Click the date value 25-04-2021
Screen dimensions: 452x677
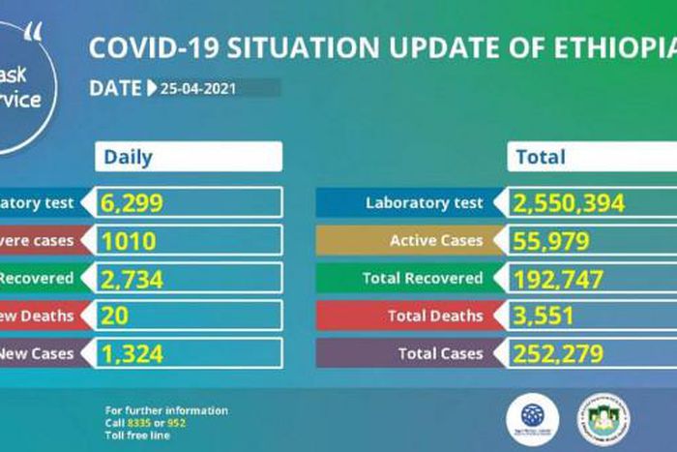197,88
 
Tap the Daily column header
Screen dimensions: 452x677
129,157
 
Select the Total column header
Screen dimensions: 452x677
542,157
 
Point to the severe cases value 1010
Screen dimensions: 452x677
128,240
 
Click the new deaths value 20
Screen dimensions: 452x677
116,316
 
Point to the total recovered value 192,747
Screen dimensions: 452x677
561,279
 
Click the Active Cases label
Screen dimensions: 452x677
435,241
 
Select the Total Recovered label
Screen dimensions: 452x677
423,279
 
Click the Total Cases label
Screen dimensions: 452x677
440,354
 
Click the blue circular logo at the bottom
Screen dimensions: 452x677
532,417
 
